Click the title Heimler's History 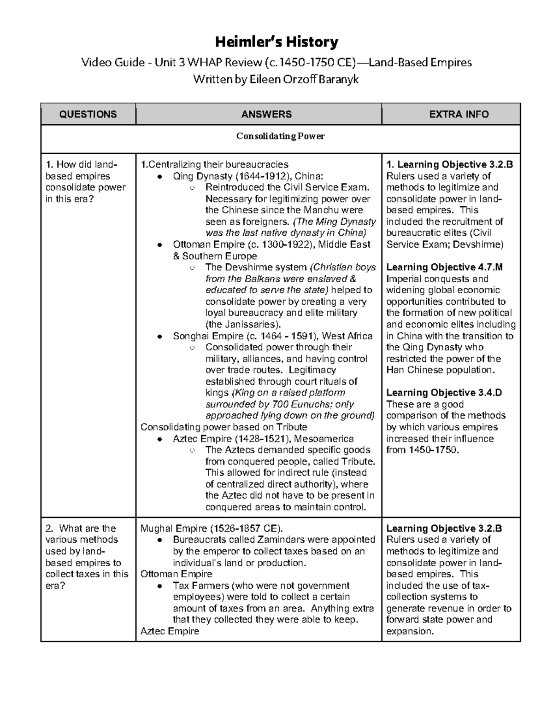coord(276,42)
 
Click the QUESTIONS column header coord(88,114)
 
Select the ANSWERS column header coord(259,114)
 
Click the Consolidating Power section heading coord(280,136)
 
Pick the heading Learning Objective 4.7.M coord(444,267)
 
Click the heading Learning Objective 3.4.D coord(444,393)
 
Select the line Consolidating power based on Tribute coord(224,427)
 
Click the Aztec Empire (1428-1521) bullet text coord(263,438)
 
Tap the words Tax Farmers coord(201,586)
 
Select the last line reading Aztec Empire coord(170,631)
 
